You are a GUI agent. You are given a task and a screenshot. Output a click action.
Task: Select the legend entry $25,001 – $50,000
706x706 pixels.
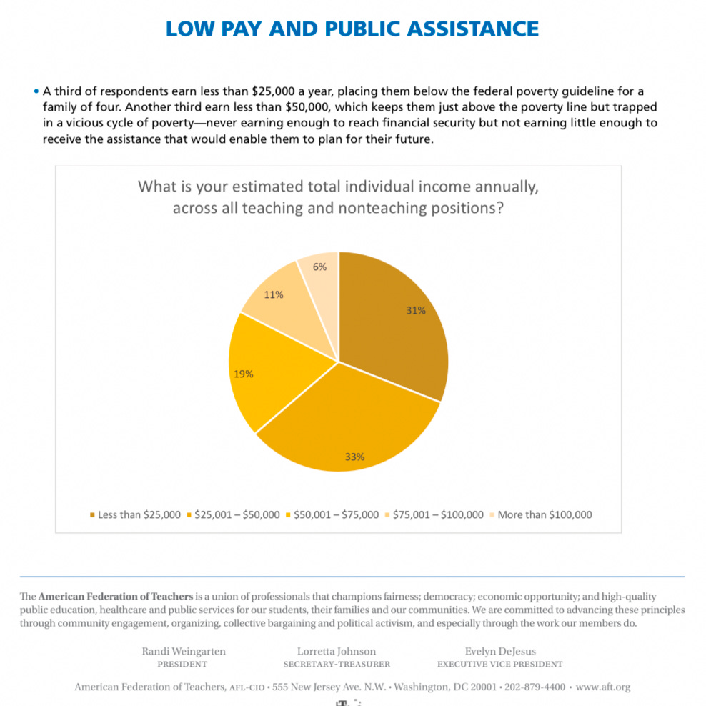click(237, 514)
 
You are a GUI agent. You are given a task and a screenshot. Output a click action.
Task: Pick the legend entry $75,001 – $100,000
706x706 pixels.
click(438, 514)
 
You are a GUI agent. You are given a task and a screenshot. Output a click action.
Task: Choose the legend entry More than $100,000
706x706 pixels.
click(545, 514)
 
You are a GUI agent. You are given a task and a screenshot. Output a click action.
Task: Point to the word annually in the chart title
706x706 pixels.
click(504, 187)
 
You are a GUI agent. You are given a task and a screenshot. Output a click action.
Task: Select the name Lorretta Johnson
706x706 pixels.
click(337, 651)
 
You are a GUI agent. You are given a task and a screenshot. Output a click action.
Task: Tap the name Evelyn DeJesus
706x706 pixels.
click(500, 651)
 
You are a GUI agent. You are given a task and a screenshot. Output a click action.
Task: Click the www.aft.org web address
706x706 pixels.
click(603, 687)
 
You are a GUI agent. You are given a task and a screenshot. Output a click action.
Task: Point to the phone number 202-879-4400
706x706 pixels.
click(535, 687)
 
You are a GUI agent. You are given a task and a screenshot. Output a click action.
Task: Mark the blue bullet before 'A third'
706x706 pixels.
click(36, 91)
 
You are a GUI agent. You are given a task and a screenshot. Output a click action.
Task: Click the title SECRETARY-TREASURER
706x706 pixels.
click(337, 664)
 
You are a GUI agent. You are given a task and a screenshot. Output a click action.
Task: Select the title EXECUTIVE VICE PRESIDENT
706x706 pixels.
click(500, 664)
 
